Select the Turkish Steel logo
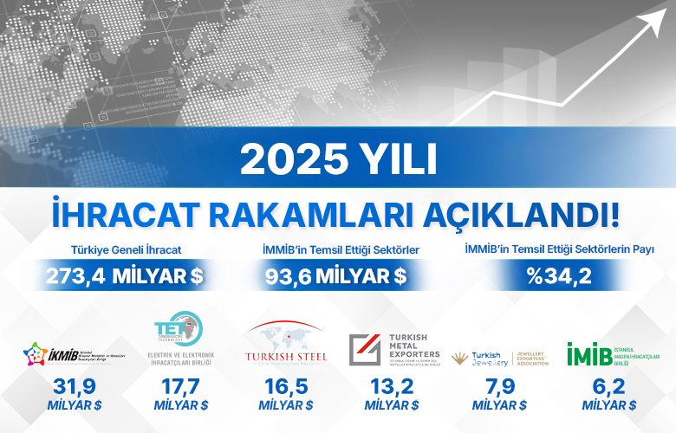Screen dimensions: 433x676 point(286,346)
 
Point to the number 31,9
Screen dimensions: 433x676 point(73,388)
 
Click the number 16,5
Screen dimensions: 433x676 point(286,388)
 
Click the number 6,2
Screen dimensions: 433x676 point(608,388)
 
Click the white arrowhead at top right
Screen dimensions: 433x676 point(647,21)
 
